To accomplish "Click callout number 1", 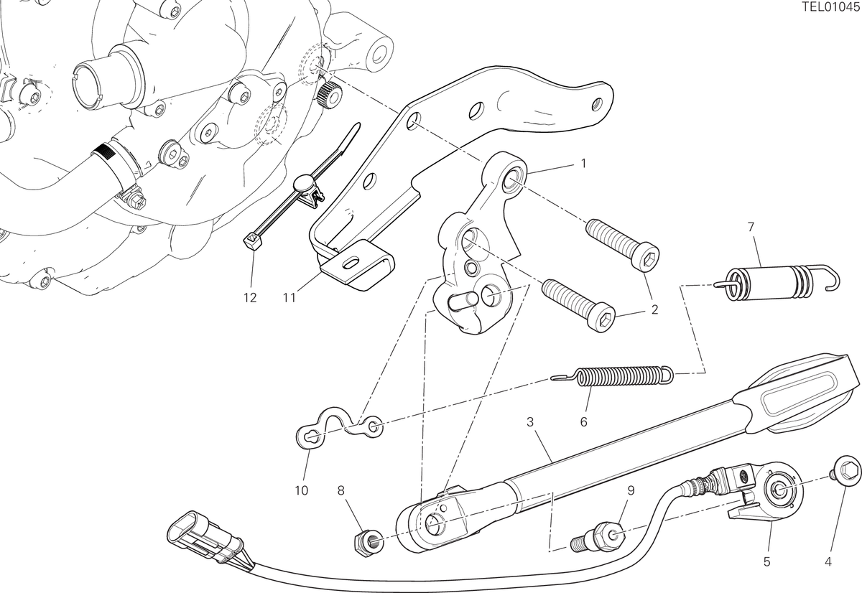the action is pyautogui.click(x=583, y=164).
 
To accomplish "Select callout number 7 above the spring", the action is pyautogui.click(x=751, y=228).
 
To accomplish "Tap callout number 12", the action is pyautogui.click(x=250, y=298).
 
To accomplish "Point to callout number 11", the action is pyautogui.click(x=289, y=298).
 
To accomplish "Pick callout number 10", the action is pyautogui.click(x=302, y=491).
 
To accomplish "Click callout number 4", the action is pyautogui.click(x=828, y=562).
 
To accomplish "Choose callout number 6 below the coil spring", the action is pyautogui.click(x=584, y=422).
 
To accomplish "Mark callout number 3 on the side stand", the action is pyautogui.click(x=530, y=422).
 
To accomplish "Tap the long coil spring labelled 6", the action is pyautogui.click(x=613, y=375).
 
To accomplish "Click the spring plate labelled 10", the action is pyautogui.click(x=339, y=428).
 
